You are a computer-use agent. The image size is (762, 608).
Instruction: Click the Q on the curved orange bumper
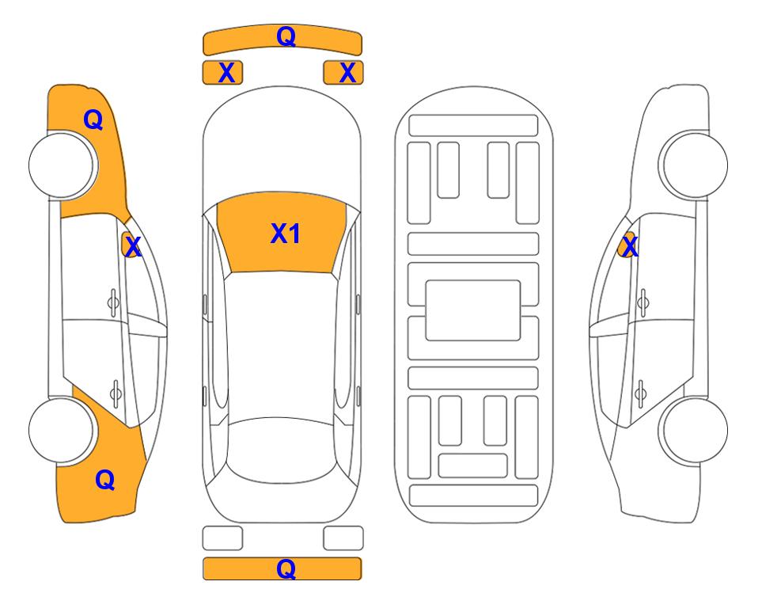pyautogui.click(x=286, y=36)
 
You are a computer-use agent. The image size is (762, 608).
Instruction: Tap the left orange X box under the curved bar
pyautogui.click(x=222, y=73)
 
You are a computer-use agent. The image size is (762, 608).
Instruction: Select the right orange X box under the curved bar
pyautogui.click(x=343, y=73)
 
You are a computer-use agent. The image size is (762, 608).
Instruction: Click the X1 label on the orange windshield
pyautogui.click(x=286, y=234)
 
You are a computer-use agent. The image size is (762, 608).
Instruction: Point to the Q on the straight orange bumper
pyautogui.click(x=286, y=568)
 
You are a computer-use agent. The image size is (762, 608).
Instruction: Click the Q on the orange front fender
pyautogui.click(x=93, y=120)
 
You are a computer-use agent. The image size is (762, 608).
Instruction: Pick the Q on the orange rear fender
pyautogui.click(x=105, y=480)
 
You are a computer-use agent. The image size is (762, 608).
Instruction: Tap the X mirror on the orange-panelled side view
pyautogui.click(x=131, y=245)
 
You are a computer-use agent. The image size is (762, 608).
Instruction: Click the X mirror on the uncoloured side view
pyautogui.click(x=628, y=245)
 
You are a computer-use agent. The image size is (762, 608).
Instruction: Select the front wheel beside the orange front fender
pyautogui.click(x=62, y=165)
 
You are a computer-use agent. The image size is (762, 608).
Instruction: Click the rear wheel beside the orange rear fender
pyautogui.click(x=62, y=430)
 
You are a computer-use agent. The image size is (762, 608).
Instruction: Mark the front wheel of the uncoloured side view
pyautogui.click(x=695, y=165)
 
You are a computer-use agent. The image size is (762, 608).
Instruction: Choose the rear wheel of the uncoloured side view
pyautogui.click(x=695, y=430)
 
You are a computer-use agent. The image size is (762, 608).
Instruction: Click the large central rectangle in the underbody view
pyautogui.click(x=473, y=310)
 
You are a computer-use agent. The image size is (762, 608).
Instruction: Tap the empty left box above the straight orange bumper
pyautogui.click(x=222, y=538)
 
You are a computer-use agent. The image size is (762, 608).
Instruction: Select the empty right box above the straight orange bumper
pyautogui.click(x=343, y=538)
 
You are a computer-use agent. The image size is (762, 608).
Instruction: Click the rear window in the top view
pyautogui.click(x=282, y=450)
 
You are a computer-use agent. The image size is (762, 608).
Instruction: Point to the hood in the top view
pyautogui.click(x=282, y=146)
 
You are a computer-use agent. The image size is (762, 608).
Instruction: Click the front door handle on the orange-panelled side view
pyautogui.click(x=113, y=302)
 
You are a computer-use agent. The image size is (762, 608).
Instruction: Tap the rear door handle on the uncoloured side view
pyautogui.click(x=640, y=393)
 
